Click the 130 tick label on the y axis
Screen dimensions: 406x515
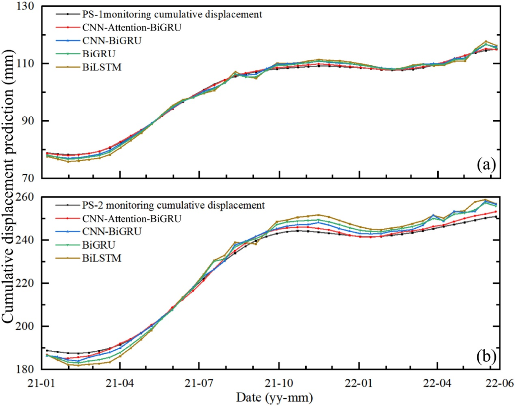[29, 7]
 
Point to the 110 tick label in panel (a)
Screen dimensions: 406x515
[29, 63]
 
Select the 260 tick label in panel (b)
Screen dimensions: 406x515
[29, 197]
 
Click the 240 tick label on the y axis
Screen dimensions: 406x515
[29, 240]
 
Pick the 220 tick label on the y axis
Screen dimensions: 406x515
[29, 283]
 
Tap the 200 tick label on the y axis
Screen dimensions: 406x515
[29, 326]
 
